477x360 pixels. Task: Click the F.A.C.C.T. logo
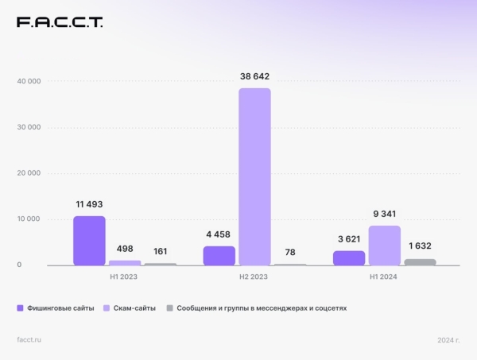click(x=60, y=22)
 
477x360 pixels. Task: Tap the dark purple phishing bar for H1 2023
click(x=89, y=241)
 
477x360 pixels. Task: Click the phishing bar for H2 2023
click(x=219, y=255)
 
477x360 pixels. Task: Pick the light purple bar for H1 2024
click(x=385, y=246)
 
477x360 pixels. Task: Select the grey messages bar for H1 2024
click(x=420, y=261)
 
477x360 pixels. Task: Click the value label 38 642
click(x=254, y=76)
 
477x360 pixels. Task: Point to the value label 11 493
click(x=88, y=204)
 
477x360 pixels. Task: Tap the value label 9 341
click(x=385, y=213)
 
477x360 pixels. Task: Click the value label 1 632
click(x=419, y=246)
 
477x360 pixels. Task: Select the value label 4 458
click(x=219, y=234)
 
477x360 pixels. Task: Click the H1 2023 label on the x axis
click(x=126, y=277)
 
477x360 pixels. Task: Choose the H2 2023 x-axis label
click(x=255, y=277)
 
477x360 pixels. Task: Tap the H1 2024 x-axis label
click(x=384, y=277)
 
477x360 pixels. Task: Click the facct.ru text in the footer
click(x=29, y=340)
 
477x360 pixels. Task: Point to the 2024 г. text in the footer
click(x=448, y=340)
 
